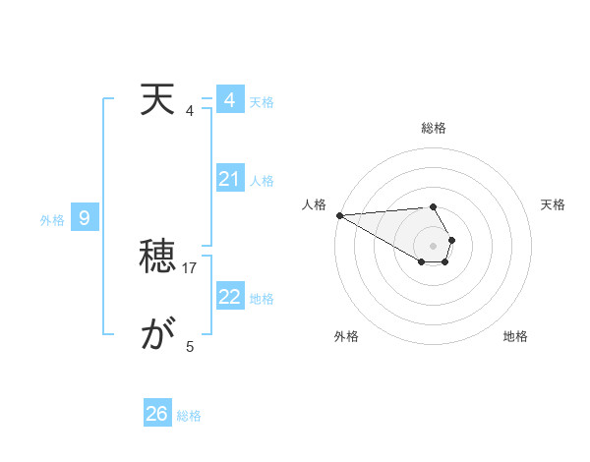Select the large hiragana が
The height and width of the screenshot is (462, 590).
(156, 336)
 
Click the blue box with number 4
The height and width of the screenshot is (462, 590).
(229, 100)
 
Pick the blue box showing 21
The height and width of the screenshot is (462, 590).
(229, 179)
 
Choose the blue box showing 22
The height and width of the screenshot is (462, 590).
(229, 297)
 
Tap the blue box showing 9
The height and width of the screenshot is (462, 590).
(85, 218)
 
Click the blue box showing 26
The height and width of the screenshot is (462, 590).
(156, 414)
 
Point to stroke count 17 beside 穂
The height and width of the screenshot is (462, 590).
(191, 267)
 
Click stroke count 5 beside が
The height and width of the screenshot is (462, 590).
(190, 346)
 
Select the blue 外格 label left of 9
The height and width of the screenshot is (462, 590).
(52, 220)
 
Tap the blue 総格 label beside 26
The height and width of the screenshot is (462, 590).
(189, 416)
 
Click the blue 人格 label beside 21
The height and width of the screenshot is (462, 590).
(262, 181)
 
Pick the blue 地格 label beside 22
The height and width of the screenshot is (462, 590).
(262, 299)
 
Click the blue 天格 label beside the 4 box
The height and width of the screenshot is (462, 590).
(262, 102)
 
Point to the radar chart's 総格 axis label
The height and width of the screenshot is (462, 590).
(434, 128)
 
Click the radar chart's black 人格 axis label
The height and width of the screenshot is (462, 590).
(314, 204)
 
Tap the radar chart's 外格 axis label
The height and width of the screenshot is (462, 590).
(346, 336)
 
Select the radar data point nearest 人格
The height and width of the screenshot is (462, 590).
(339, 215)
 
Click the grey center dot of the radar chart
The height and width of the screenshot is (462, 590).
(434, 245)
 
